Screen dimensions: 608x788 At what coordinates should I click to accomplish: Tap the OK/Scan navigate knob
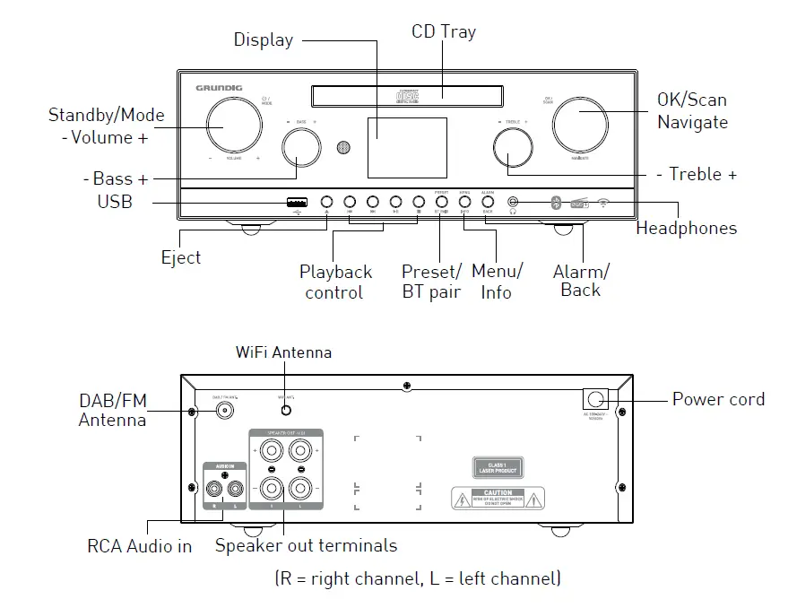pyautogui.click(x=585, y=124)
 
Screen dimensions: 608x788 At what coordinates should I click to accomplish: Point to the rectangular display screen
pyautogui.click(x=406, y=147)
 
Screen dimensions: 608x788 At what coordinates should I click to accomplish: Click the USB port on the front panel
pyautogui.click(x=297, y=202)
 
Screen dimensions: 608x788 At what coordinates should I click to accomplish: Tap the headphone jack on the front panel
pyautogui.click(x=513, y=203)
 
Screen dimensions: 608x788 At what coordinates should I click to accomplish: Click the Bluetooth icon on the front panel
pyautogui.click(x=555, y=203)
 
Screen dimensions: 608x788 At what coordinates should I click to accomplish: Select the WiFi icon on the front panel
pyautogui.click(x=604, y=203)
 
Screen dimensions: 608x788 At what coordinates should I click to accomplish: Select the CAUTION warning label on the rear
pyautogui.click(x=498, y=498)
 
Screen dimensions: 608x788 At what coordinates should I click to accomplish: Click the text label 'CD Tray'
pyautogui.click(x=444, y=32)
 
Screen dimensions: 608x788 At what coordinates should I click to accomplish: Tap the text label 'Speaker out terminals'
pyautogui.click(x=306, y=545)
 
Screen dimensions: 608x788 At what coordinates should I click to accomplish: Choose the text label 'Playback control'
pyautogui.click(x=335, y=282)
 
